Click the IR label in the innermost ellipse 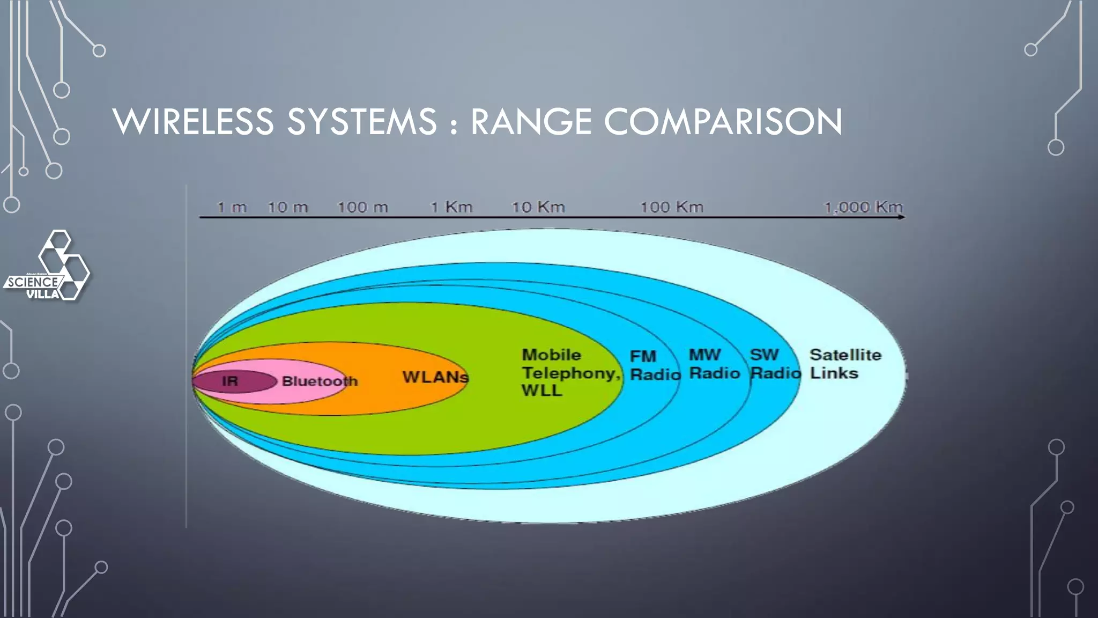[x=230, y=381]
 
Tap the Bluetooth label [x=320, y=381]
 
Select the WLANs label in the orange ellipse [x=435, y=377]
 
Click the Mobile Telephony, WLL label [x=570, y=373]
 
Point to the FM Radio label [x=655, y=365]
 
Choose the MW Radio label [x=714, y=364]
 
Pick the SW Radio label [x=775, y=364]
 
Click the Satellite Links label [x=845, y=364]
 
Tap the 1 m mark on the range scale [x=232, y=207]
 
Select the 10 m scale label [x=288, y=207]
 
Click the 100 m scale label [x=362, y=207]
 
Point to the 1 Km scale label [x=451, y=207]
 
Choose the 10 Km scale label [x=538, y=207]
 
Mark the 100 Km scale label [x=672, y=207]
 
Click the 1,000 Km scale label [x=863, y=207]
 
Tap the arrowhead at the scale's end [x=902, y=217]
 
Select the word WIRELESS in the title [x=194, y=122]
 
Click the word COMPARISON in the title [x=723, y=122]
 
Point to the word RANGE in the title [x=531, y=122]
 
